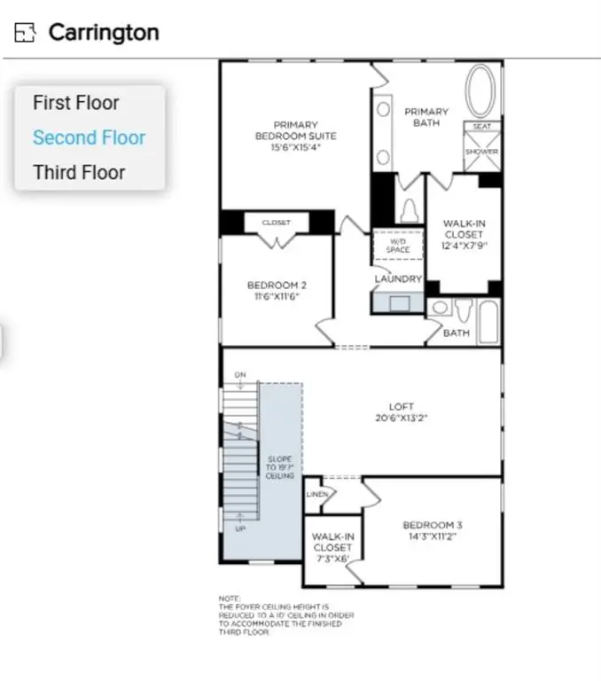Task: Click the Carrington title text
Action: pyautogui.click(x=104, y=33)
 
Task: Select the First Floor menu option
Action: pyautogui.click(x=75, y=103)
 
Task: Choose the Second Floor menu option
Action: pyautogui.click(x=89, y=137)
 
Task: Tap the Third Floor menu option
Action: pyautogui.click(x=79, y=173)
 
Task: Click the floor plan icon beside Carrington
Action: pyautogui.click(x=26, y=33)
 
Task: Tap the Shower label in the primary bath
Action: pyautogui.click(x=481, y=152)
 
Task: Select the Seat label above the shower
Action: pyautogui.click(x=481, y=127)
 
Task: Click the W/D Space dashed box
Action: pyautogui.click(x=398, y=246)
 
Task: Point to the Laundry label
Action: pyautogui.click(x=398, y=279)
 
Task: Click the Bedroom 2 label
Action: pyautogui.click(x=277, y=290)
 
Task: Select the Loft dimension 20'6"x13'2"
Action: pyautogui.click(x=401, y=419)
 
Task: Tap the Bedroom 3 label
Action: pyautogui.click(x=432, y=530)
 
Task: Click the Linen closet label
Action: pyautogui.click(x=317, y=494)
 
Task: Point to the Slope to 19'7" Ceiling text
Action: pyautogui.click(x=280, y=466)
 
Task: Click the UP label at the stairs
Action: pyautogui.click(x=240, y=528)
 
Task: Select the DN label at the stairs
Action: pyautogui.click(x=239, y=375)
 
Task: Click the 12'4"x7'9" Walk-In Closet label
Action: pyautogui.click(x=464, y=235)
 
